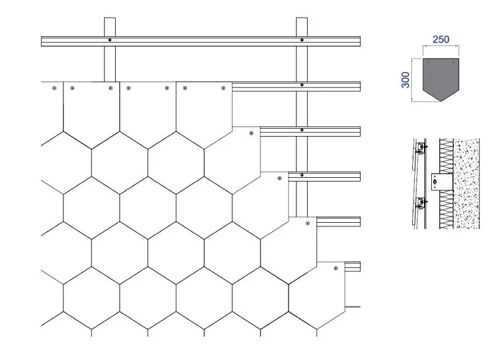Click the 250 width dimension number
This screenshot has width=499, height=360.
pyautogui.click(x=441, y=39)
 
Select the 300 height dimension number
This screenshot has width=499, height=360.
pyautogui.click(x=405, y=80)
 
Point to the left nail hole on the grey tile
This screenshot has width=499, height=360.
pyautogui.click(x=428, y=62)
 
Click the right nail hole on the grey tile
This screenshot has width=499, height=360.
pyautogui.click(x=453, y=62)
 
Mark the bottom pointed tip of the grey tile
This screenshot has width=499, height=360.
pyautogui.click(x=441, y=101)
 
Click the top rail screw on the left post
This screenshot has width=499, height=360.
pyautogui.click(x=110, y=40)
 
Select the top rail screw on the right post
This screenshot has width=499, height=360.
pyautogui.click(x=301, y=40)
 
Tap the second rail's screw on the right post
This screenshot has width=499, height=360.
pyautogui.click(x=301, y=85)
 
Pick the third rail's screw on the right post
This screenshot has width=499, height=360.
pyautogui.click(x=301, y=130)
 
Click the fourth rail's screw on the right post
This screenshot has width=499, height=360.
pyautogui.click(x=301, y=175)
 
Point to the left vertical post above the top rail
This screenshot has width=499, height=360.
pyautogui.click(x=110, y=27)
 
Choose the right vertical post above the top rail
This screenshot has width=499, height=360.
pyautogui.click(x=301, y=27)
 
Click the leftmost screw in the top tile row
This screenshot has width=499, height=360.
pyautogui.click(x=54, y=88)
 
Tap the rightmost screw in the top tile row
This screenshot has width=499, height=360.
pyautogui.click(x=223, y=88)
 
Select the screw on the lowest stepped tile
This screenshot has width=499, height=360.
pyautogui.click(x=336, y=268)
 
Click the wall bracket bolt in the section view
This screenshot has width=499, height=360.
pyautogui.click(x=435, y=182)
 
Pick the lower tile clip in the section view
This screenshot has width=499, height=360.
pyautogui.click(x=421, y=202)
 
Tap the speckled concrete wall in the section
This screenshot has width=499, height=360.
pyautogui.click(x=466, y=183)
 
